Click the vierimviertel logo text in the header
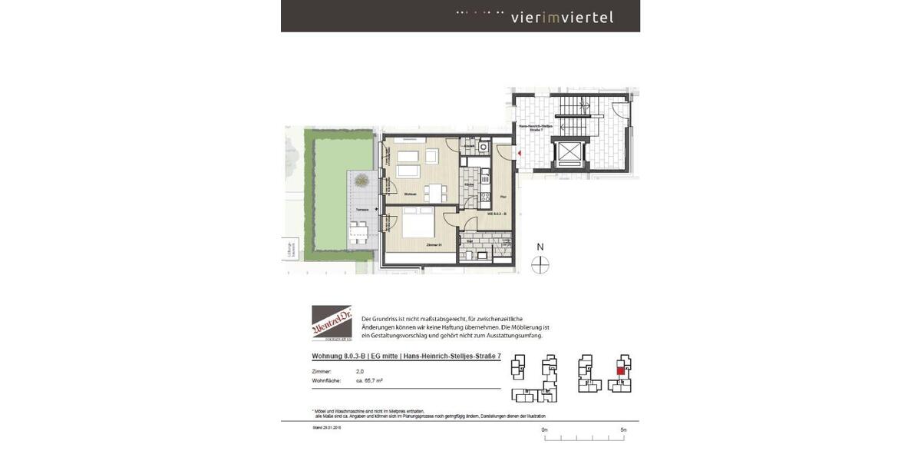point(562,17)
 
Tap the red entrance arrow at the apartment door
point(520,154)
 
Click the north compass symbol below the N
point(540,264)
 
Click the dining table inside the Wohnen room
point(435,192)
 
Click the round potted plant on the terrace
point(360,181)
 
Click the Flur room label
point(502,197)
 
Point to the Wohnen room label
point(411,194)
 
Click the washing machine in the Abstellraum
point(484,146)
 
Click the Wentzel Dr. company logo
point(332,323)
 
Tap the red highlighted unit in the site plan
point(620,370)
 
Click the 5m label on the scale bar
point(623,429)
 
